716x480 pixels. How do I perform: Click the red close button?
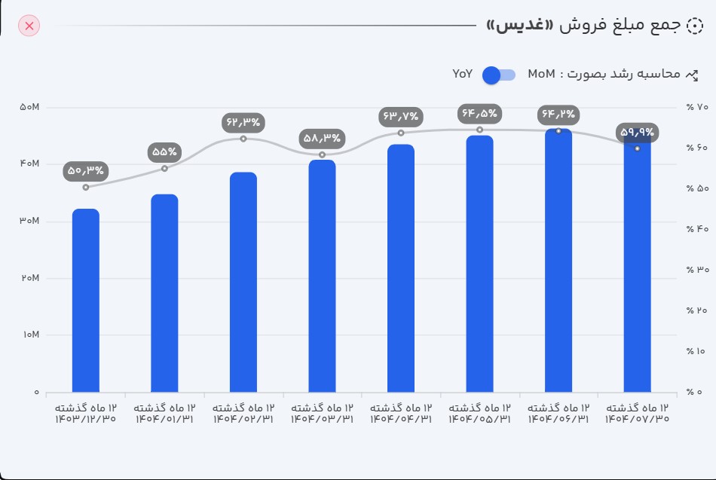coord(29,26)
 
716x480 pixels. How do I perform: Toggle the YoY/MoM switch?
coord(498,75)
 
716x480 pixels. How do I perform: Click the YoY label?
coord(463,74)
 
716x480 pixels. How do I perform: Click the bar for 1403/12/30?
coord(86,301)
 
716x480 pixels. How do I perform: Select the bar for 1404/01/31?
coord(164,294)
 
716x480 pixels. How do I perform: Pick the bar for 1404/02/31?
coord(243,283)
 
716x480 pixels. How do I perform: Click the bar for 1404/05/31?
coord(479,264)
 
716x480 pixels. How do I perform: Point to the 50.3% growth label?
coord(86,171)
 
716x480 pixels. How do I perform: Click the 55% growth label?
coord(164,151)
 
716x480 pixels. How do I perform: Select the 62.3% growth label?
coord(243,121)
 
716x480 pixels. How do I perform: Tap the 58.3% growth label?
coord(322,138)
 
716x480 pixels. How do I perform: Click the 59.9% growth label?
coord(638,133)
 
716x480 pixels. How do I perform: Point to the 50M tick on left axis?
coord(29,108)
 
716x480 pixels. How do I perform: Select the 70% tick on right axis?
coord(697,107)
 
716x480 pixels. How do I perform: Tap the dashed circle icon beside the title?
coord(696,25)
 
